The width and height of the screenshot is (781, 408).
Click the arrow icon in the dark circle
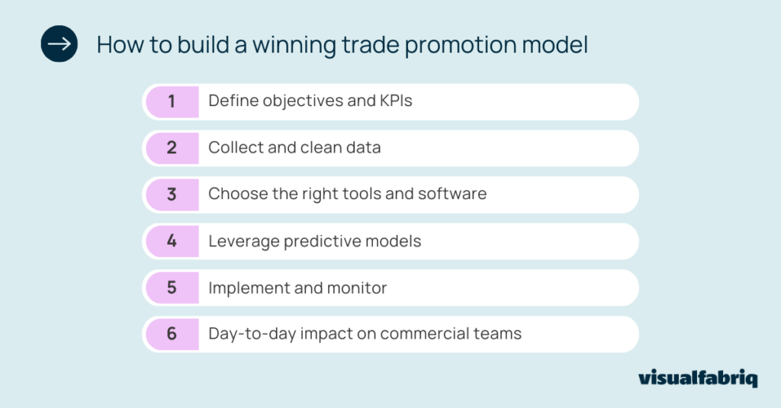click(x=59, y=44)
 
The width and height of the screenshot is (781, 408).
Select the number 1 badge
click(x=172, y=101)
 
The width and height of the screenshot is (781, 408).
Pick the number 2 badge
click(x=172, y=148)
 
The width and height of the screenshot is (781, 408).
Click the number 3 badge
click(x=172, y=194)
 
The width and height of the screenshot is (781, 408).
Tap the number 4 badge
click(x=172, y=241)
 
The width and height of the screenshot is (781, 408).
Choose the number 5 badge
click(x=172, y=288)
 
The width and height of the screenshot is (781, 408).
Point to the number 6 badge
click(x=172, y=334)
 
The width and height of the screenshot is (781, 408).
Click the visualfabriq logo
click(x=697, y=379)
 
